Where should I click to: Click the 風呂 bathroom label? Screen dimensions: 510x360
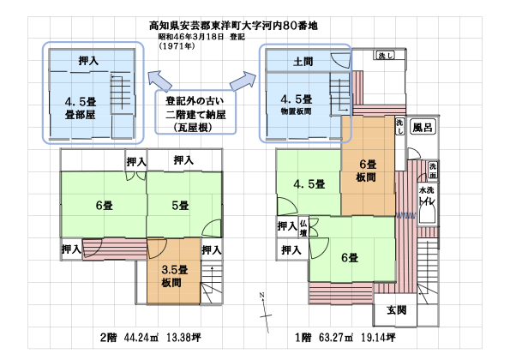pos(423,127)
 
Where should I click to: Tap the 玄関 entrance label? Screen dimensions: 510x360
pos(397,310)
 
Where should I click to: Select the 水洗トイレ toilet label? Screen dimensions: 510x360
pos(427,195)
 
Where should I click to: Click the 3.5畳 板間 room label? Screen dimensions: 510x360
pos(174,276)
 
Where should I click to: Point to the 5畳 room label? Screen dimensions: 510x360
pos(181,206)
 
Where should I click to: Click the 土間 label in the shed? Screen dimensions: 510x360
pos(303,61)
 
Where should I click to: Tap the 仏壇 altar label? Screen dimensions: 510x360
pos(303,228)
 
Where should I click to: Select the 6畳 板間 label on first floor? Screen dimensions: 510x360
pos(368,171)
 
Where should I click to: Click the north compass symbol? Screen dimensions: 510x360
pos(265,313)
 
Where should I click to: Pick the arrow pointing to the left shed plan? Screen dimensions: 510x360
pos(159,81)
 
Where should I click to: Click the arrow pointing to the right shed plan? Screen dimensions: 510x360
pos(243,81)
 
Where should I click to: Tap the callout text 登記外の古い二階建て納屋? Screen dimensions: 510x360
pos(195,114)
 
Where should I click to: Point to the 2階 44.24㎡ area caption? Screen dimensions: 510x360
pos(150,338)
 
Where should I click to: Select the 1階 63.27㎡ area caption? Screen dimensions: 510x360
pos(345,338)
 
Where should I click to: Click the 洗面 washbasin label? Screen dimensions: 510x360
pos(433,171)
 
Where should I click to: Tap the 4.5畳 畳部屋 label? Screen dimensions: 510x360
pos(81,108)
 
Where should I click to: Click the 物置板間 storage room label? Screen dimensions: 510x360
pos(296,111)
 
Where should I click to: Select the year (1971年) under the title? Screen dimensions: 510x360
pos(177,46)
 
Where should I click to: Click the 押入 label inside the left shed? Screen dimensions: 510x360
pos(88,61)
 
